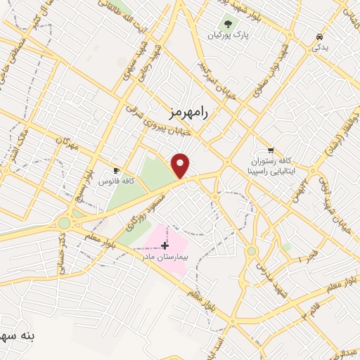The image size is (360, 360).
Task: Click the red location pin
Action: pyautogui.click(x=181, y=165)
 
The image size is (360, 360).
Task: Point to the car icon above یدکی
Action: pyautogui.click(x=320, y=35)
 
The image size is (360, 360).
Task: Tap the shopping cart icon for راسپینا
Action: pyautogui.click(x=270, y=150)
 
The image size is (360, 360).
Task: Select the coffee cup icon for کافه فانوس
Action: pyautogui.click(x=117, y=171)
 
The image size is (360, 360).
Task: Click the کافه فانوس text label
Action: pyautogui.click(x=117, y=181)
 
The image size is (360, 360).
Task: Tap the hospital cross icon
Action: pyautogui.click(x=165, y=245)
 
